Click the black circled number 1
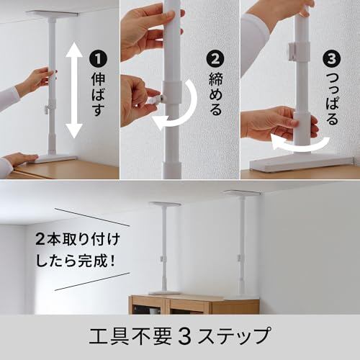tap(98, 59)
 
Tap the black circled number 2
tap(215, 59)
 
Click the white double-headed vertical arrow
tap(74, 90)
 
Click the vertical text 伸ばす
tap(98, 95)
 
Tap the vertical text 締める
tap(215, 94)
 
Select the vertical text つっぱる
tap(332, 99)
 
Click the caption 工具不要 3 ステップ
tap(180, 336)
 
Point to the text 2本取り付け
tap(78, 240)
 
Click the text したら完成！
tap(76, 261)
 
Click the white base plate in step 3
tap(301, 163)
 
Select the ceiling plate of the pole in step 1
tap(52, 14)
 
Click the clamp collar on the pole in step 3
tap(299, 52)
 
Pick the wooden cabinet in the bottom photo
tap(194, 305)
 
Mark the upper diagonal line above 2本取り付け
tap(92, 217)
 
